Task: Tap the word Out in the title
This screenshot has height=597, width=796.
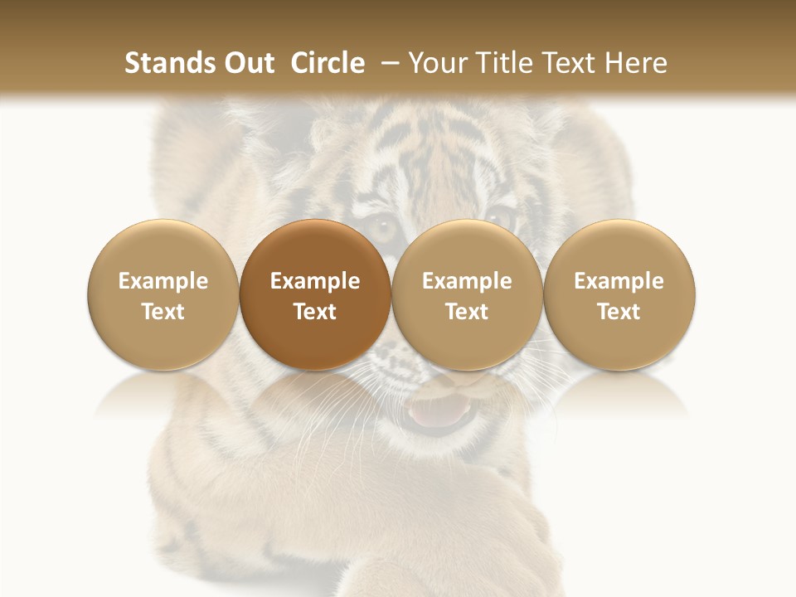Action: click(246, 63)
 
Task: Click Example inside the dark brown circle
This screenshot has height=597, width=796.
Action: click(315, 281)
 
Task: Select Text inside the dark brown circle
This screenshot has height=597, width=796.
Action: click(315, 312)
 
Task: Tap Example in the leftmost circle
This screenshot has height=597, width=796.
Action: click(163, 281)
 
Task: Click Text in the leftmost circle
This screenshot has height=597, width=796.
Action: click(163, 312)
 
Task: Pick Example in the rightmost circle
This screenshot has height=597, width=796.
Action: click(619, 281)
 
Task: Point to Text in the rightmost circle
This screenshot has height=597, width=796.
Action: click(619, 312)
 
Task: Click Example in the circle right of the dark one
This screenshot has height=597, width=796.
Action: click(467, 281)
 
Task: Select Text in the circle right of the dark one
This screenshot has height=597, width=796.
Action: click(467, 312)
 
